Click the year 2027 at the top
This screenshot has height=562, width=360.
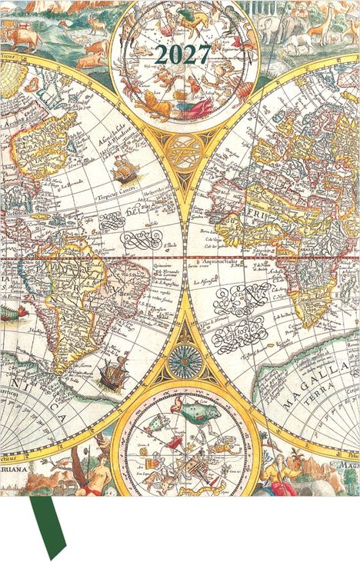(182, 55)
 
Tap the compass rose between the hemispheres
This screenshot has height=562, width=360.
(183, 357)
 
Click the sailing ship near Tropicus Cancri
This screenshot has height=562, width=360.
(124, 169)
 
